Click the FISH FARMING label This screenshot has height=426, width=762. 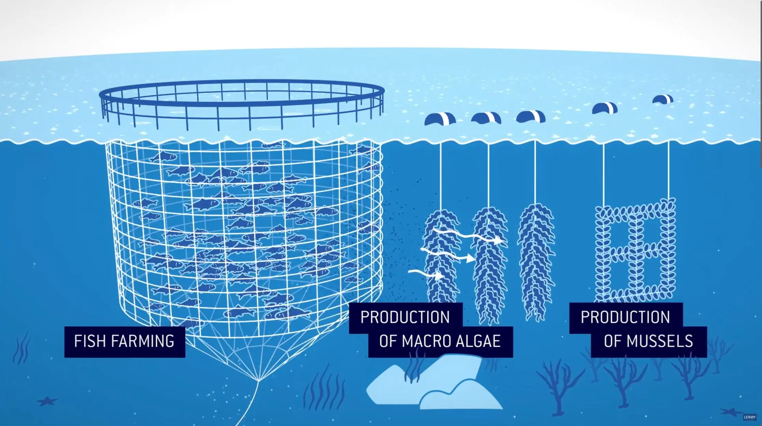(124, 342)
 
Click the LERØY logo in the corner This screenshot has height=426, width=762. (750, 417)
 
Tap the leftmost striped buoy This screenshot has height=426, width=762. (440, 119)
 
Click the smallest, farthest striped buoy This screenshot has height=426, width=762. (663, 99)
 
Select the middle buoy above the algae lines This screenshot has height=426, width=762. (486, 118)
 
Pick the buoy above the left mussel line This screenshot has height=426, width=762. (604, 108)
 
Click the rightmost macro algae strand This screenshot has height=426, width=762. (536, 260)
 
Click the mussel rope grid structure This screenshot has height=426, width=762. (636, 250)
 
